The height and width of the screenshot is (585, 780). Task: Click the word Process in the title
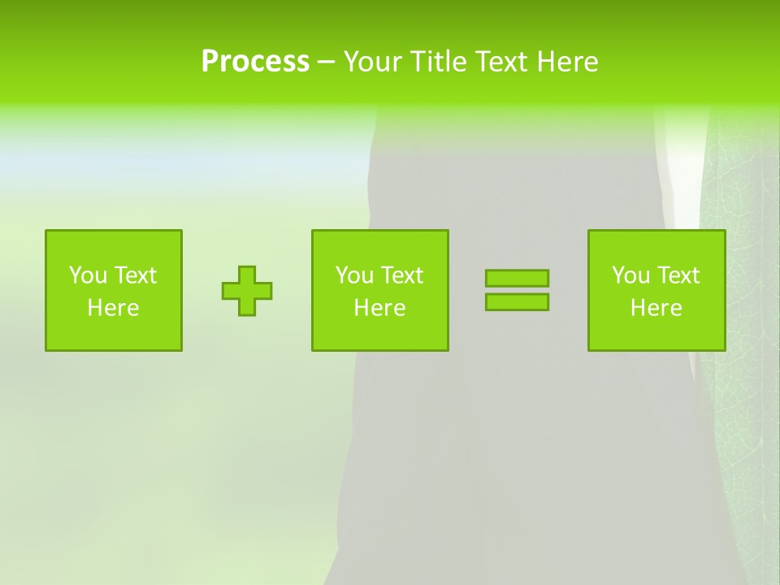(x=255, y=62)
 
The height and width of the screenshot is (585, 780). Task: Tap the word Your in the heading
(x=374, y=62)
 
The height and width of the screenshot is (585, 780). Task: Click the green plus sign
(x=247, y=291)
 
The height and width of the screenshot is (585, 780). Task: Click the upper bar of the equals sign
(x=517, y=278)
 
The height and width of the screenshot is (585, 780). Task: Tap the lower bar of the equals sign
(x=517, y=301)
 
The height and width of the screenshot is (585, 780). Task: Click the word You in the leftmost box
(x=87, y=275)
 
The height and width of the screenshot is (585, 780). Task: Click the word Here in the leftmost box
(x=114, y=308)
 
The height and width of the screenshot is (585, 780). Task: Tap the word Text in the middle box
(x=401, y=275)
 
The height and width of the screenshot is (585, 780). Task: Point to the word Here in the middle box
(x=380, y=308)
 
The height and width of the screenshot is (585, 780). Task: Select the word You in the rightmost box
(x=630, y=275)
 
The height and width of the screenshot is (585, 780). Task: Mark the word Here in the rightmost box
(x=656, y=308)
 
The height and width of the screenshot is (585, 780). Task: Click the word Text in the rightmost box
(x=678, y=275)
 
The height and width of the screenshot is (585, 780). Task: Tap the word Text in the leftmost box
(x=135, y=275)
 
